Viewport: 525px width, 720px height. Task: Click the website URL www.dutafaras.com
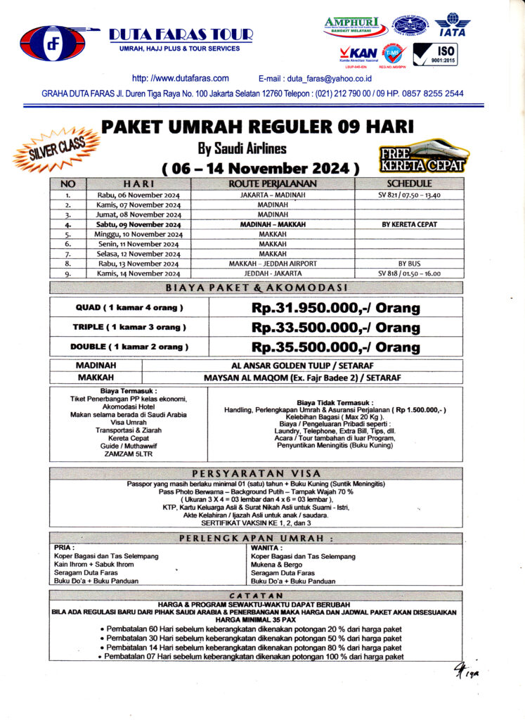click(181, 78)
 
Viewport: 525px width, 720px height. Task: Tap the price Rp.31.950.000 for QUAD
click(335, 308)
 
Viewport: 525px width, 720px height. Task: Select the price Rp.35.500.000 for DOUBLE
click(335, 347)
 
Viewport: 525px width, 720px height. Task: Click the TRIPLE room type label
click(129, 328)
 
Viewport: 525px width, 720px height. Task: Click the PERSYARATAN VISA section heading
click(257, 473)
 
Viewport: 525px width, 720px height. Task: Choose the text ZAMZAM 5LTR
click(128, 454)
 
